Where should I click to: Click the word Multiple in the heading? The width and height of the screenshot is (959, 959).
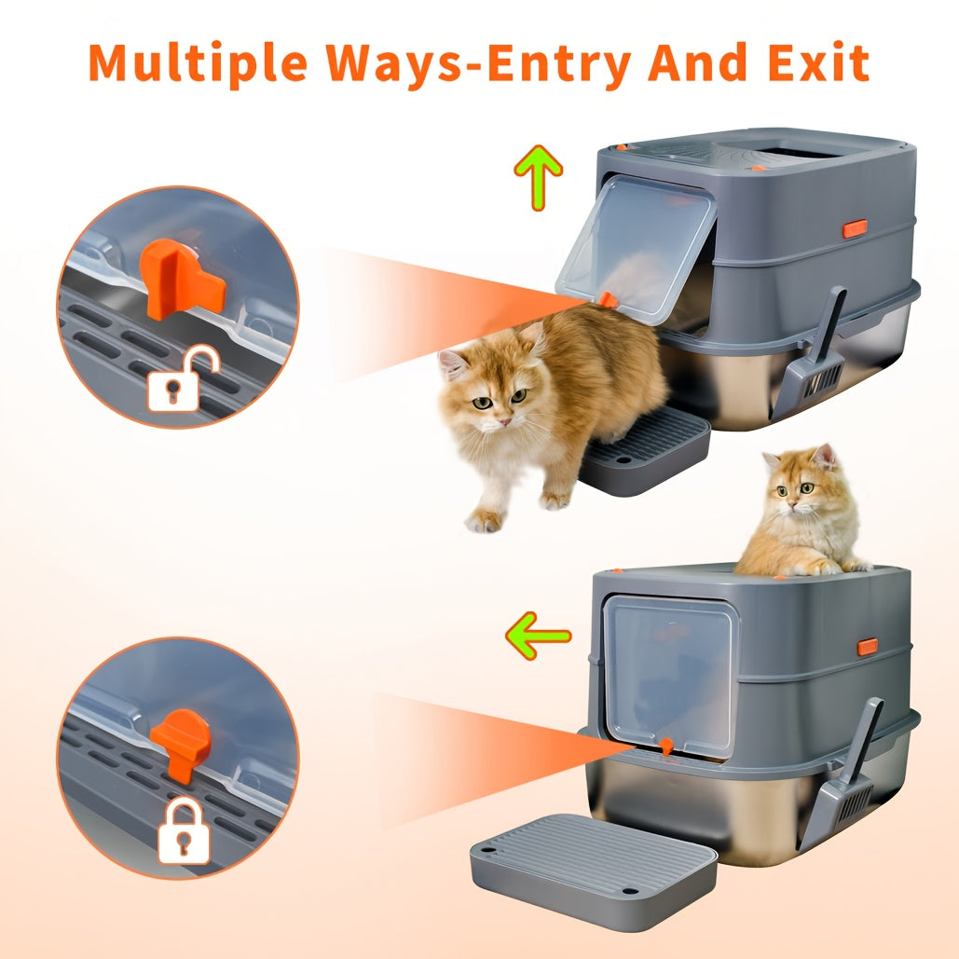click(197, 62)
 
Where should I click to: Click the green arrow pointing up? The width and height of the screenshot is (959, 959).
click(539, 176)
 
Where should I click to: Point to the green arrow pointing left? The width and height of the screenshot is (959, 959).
click(538, 637)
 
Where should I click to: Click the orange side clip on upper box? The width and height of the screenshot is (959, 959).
click(854, 227)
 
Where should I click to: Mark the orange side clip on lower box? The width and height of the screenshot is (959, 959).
click(867, 646)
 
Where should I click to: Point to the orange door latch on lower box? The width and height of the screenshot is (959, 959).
click(665, 746)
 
